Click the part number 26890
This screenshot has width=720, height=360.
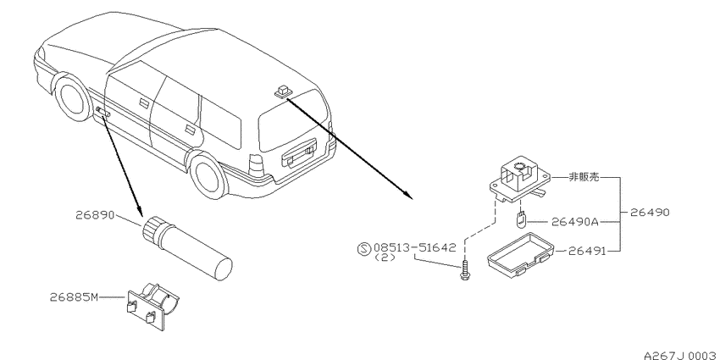(95, 215)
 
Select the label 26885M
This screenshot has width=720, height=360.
(74, 297)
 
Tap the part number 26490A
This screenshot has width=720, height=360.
(574, 222)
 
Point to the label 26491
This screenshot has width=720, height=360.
(588, 252)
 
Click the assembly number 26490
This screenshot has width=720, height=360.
(650, 213)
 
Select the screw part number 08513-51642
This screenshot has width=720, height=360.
(415, 247)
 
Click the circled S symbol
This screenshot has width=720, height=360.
(363, 249)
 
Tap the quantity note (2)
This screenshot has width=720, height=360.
(385, 258)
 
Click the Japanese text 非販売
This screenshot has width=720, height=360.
(584, 177)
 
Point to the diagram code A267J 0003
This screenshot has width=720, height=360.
(681, 356)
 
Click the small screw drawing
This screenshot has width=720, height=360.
(466, 270)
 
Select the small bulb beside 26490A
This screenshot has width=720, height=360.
(520, 220)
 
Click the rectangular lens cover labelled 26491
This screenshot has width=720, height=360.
(521, 256)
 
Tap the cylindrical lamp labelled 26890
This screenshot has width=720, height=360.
(187, 247)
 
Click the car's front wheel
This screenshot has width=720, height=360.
(71, 97)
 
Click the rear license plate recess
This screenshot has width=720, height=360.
(299, 155)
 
